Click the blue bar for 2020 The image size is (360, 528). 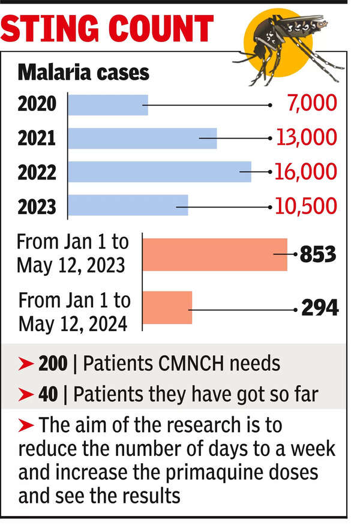[x=108, y=104]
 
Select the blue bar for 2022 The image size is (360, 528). [x=160, y=172]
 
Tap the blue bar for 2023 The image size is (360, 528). [x=128, y=205]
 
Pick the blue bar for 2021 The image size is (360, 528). [x=142, y=138]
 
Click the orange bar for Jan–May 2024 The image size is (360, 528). [x=167, y=307]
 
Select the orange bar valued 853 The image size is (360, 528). [x=215, y=254]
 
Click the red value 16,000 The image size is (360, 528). [x=306, y=172]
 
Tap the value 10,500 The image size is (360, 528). [x=306, y=206]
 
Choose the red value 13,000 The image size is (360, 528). [x=306, y=138]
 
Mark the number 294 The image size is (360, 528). [x=319, y=308]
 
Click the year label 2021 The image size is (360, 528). [x=37, y=139]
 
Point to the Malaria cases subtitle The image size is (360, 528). [x=83, y=72]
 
